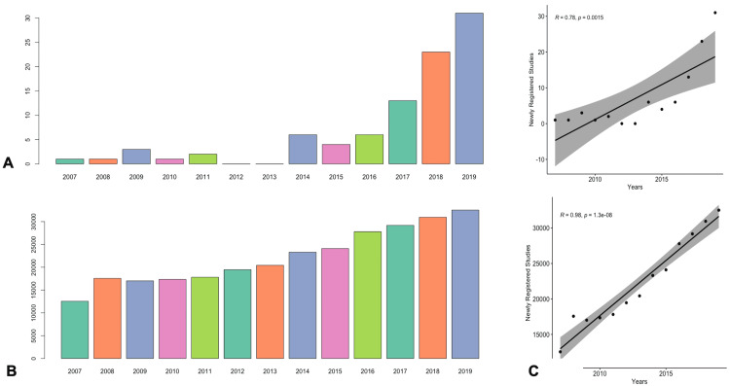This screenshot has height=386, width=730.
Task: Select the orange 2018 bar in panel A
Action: click(435, 107)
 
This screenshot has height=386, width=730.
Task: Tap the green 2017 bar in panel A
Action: click(402, 131)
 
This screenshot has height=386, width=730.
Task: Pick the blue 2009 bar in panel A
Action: click(135, 156)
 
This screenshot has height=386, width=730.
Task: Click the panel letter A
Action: click(8, 163)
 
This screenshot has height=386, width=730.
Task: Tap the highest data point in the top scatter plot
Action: click(715, 13)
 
